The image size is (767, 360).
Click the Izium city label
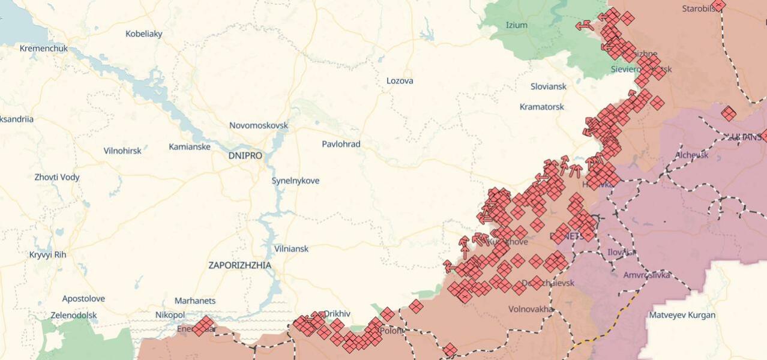[x=517, y=25]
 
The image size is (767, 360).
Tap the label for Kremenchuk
[x=44, y=48]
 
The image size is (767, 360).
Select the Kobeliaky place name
[x=144, y=34]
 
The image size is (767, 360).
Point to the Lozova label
[x=400, y=80]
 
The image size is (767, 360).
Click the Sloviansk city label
[x=549, y=86]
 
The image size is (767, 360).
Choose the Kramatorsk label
[x=542, y=107]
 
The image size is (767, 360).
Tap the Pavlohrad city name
[x=341, y=144]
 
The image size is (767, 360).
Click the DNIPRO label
[x=245, y=155]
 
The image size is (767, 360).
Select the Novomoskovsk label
[x=259, y=125]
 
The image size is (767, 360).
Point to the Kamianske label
[x=190, y=146]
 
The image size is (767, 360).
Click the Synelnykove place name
[x=295, y=181]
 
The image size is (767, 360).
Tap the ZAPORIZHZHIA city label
[x=240, y=265]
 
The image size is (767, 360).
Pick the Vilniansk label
[x=291, y=248]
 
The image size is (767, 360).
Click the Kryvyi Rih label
[x=47, y=254]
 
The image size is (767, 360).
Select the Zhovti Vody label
[x=57, y=177]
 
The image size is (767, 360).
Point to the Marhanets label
[x=195, y=301]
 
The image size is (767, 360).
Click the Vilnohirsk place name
[x=122, y=151]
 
